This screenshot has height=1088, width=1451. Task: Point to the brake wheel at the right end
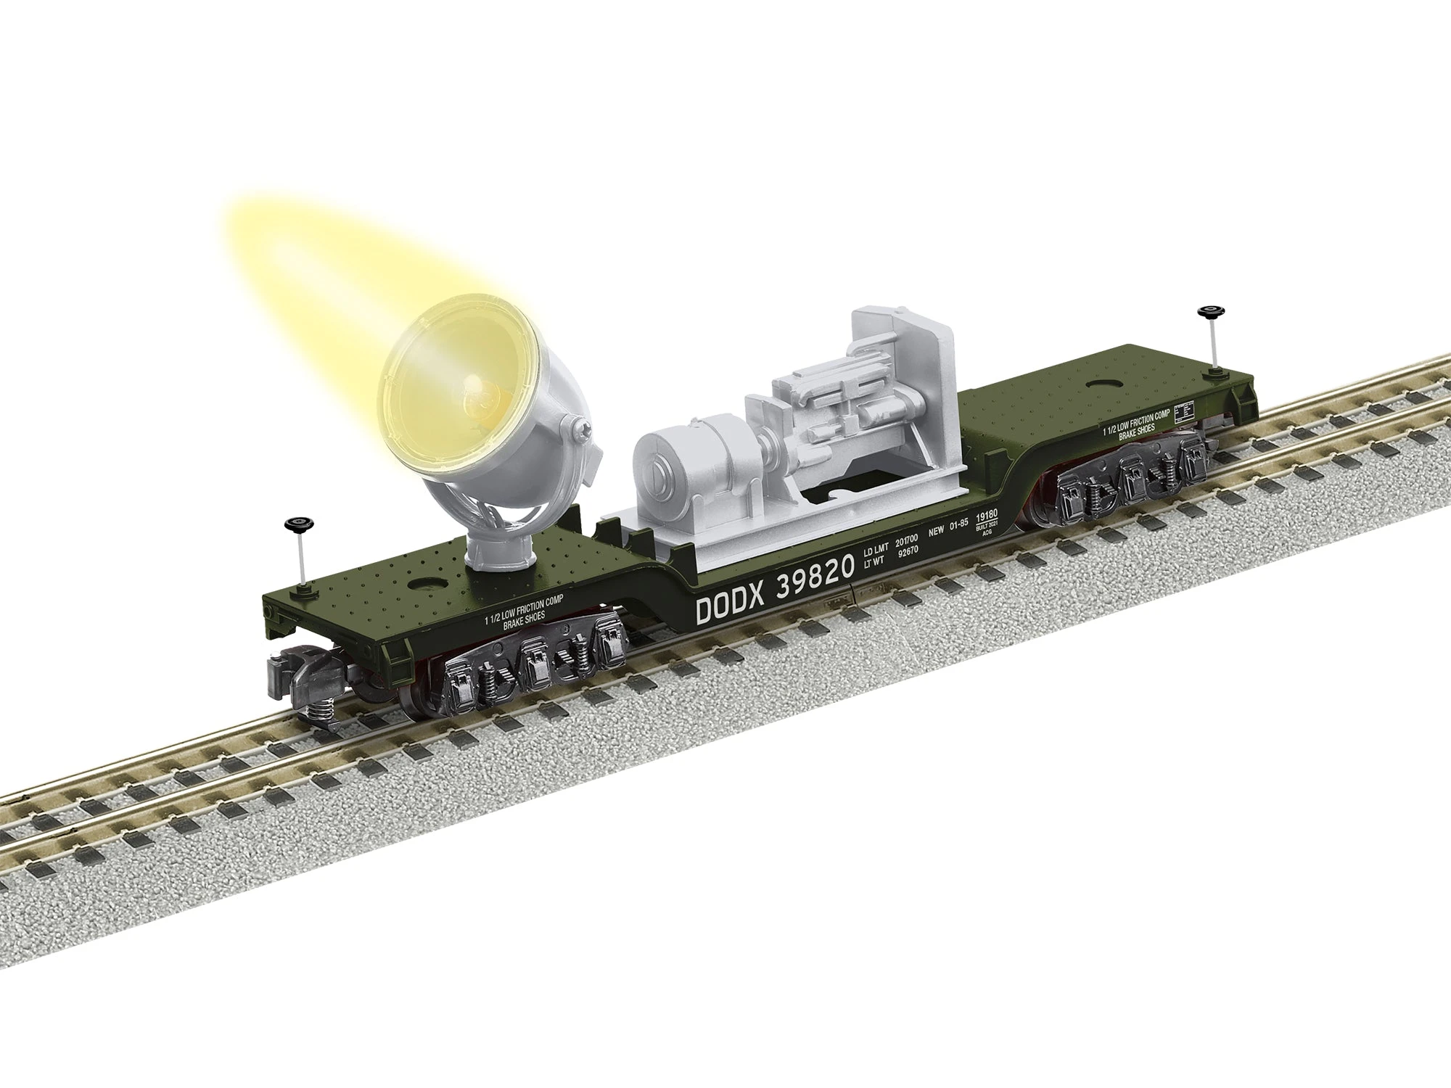[1207, 293]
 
